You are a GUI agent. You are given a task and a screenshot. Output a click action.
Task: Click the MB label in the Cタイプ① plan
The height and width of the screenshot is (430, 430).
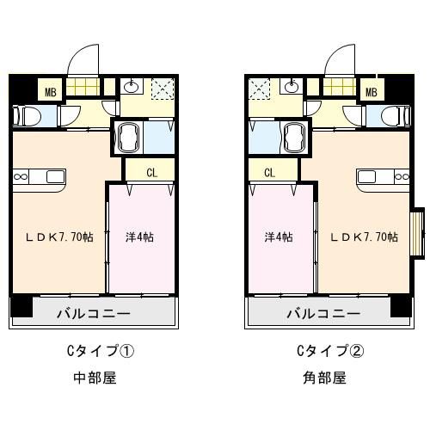tap(51, 92)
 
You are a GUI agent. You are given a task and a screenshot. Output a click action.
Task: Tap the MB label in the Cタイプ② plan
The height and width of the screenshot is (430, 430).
tap(372, 92)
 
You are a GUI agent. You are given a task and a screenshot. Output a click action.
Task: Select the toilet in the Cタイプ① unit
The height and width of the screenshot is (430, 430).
tap(27, 116)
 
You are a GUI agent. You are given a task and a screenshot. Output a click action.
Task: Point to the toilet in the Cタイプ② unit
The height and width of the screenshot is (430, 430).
tap(396, 116)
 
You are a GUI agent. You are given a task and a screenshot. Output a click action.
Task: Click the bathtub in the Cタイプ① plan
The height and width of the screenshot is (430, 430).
tap(128, 138)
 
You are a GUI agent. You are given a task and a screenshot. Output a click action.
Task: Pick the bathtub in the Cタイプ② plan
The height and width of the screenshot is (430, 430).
tap(294, 138)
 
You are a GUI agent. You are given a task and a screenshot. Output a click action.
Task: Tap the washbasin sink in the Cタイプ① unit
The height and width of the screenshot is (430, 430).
tap(132, 86)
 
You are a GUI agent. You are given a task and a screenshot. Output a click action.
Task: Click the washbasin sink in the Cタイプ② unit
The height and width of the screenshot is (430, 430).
tap(292, 86)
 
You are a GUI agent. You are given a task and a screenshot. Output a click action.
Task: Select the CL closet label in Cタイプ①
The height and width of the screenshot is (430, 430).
tap(152, 173)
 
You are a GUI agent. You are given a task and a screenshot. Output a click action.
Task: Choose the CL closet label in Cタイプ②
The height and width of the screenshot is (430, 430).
tap(269, 173)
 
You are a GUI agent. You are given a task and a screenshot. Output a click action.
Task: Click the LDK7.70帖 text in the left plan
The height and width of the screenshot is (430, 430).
tap(59, 237)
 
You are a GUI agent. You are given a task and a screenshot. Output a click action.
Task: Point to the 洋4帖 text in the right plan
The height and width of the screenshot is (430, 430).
tap(279, 237)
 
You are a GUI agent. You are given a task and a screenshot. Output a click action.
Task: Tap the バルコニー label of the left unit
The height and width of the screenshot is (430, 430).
tap(94, 314)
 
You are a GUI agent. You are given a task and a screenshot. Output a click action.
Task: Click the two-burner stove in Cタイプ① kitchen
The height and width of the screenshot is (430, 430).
tap(21, 177)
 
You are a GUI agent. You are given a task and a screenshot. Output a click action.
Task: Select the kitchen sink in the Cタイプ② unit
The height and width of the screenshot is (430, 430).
tap(367, 177)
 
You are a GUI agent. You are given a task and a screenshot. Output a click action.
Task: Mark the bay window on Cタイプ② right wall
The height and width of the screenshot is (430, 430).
tap(417, 234)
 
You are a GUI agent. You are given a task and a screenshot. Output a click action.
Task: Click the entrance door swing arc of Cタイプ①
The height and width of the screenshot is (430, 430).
tap(77, 54)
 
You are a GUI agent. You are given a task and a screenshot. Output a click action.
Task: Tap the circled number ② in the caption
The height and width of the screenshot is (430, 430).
tap(356, 351)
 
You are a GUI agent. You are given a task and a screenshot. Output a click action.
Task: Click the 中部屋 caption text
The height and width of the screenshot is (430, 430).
tap(95, 378)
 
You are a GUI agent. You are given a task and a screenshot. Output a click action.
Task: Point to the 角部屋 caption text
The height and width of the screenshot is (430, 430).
tap(325, 378)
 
